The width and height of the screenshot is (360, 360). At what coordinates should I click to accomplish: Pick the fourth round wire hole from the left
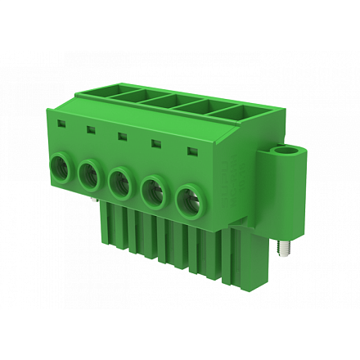pos(153,192)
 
